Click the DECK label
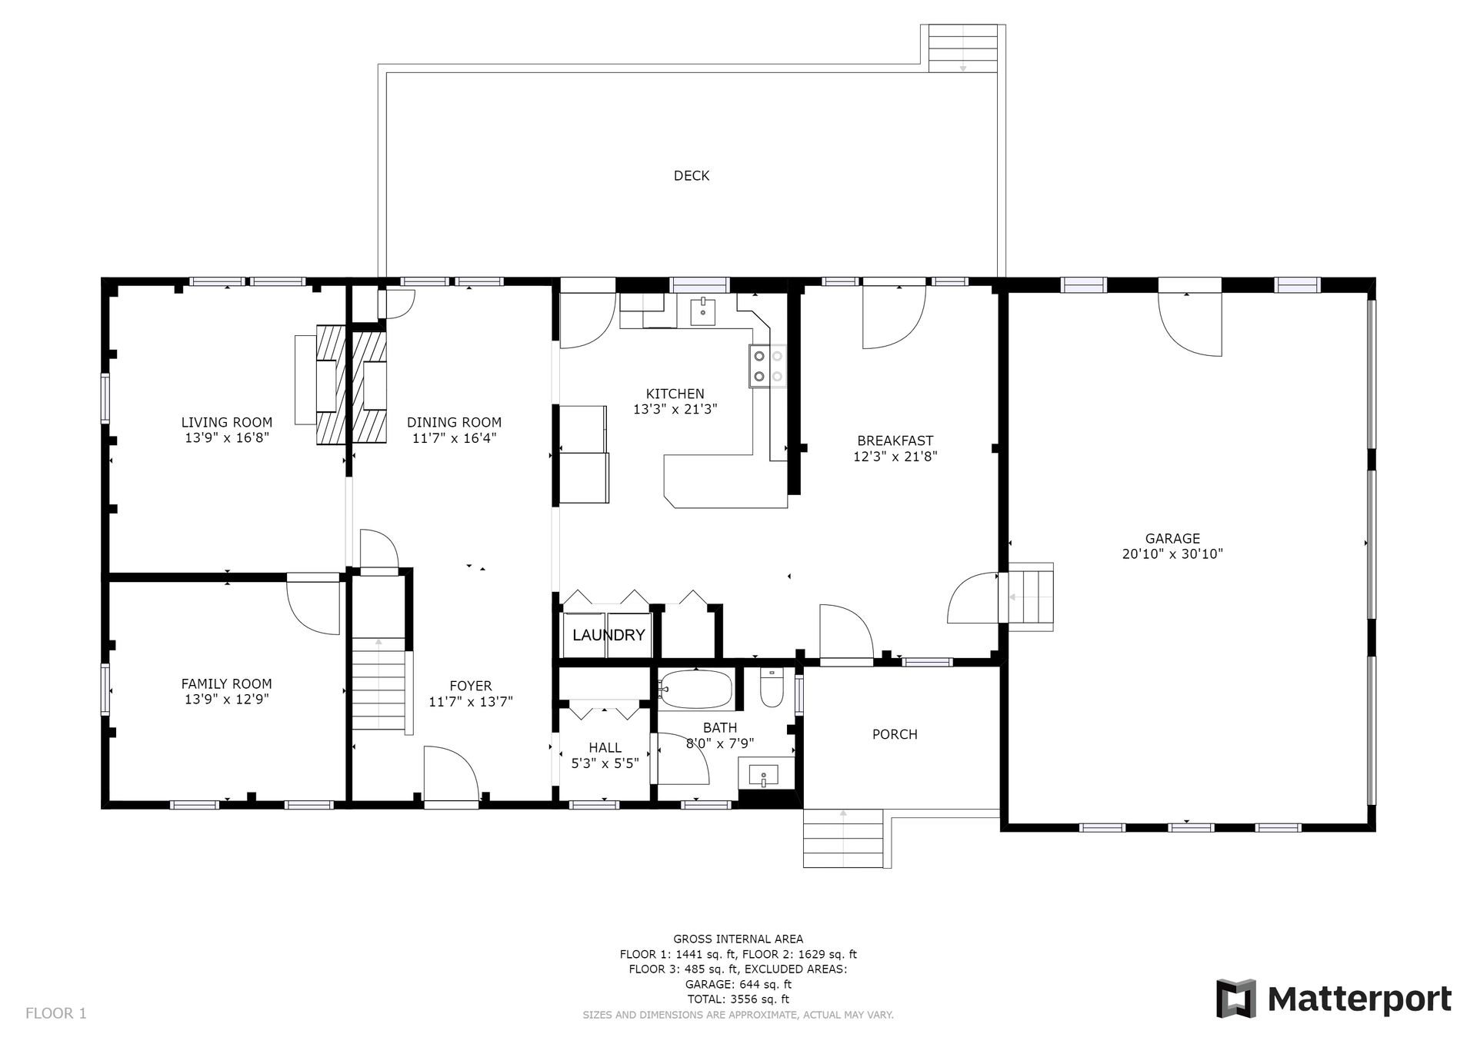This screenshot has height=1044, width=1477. click(691, 176)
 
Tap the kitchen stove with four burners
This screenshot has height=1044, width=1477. click(768, 366)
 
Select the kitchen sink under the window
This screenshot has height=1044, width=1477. click(704, 312)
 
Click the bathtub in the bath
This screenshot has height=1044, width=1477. click(696, 689)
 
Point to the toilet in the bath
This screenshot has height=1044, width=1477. click(771, 687)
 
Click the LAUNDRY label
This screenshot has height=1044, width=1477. click(608, 635)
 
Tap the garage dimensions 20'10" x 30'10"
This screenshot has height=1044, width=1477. click(1172, 554)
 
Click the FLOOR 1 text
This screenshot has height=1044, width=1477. click(56, 1013)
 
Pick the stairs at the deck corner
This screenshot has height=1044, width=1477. click(963, 48)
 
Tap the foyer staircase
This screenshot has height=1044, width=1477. click(378, 685)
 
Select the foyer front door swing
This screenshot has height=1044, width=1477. click(452, 775)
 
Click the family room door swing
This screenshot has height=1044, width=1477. click(313, 606)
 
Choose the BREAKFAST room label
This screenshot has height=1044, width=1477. click(895, 441)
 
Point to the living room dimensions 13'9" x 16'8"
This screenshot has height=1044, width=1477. click(227, 438)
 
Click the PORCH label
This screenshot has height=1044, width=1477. click(895, 734)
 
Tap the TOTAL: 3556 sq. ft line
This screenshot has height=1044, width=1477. click(738, 999)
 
